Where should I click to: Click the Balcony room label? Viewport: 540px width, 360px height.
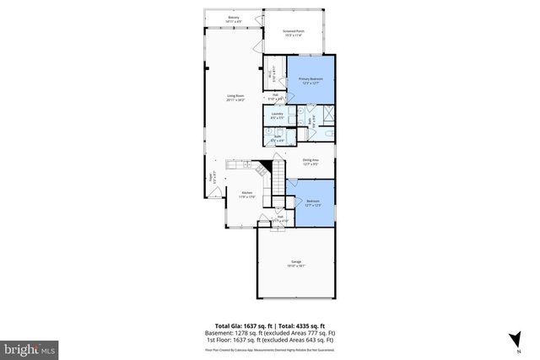pyautogui.click(x=233, y=18)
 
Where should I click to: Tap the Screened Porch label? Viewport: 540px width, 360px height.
pyautogui.click(x=293, y=32)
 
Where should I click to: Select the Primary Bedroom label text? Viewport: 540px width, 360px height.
pyautogui.click(x=311, y=81)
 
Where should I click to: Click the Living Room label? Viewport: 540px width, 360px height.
pyautogui.click(x=235, y=98)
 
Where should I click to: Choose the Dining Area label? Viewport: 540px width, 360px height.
pyautogui.click(x=310, y=161)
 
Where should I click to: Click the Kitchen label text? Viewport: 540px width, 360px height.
pyautogui.click(x=247, y=195)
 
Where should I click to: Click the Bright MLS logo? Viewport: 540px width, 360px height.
pyautogui.click(x=30, y=347)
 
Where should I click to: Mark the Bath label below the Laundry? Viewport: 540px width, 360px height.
pyautogui.click(x=277, y=137)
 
